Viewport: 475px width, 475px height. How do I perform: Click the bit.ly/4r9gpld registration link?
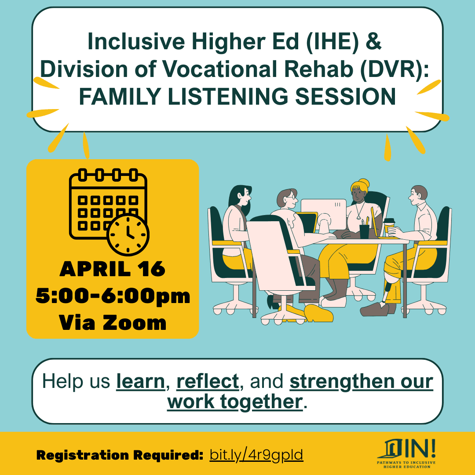point(256,454)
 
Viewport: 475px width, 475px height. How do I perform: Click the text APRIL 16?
point(113,269)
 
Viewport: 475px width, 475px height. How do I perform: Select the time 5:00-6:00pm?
point(113,296)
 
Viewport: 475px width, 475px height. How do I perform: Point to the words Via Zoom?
point(113,322)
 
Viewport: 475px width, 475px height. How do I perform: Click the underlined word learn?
point(140,381)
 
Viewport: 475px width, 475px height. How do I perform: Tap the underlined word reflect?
point(208,381)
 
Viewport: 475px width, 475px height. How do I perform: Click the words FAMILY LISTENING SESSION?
point(237,96)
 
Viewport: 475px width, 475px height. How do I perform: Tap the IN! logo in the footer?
point(407,454)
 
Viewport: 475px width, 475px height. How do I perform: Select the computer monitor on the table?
point(323,213)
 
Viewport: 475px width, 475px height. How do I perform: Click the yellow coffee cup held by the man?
point(389,225)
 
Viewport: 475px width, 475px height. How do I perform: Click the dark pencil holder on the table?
point(365,231)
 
